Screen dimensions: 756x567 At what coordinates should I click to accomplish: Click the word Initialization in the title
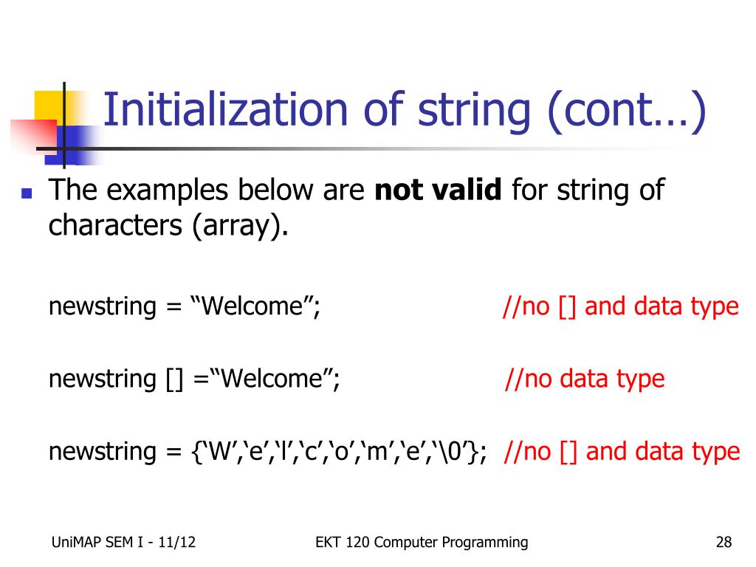pyautogui.click(x=226, y=109)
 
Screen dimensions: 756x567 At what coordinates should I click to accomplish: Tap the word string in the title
pyautogui.click(x=474, y=112)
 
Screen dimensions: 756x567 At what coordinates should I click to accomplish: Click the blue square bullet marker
pyautogui.click(x=27, y=193)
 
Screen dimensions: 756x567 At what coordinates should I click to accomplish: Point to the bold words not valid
pyautogui.click(x=439, y=189)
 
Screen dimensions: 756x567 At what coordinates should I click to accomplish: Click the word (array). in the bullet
pyautogui.click(x=240, y=226)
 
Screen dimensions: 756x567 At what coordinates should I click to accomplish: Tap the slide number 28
pyautogui.click(x=724, y=542)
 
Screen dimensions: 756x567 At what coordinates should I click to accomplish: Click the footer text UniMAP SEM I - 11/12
pyautogui.click(x=123, y=542)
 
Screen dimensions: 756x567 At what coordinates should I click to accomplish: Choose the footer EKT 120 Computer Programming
pyautogui.click(x=422, y=543)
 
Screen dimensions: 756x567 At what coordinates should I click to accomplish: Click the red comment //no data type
pyautogui.click(x=585, y=379)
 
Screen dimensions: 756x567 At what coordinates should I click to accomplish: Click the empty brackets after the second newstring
pyautogui.click(x=174, y=379)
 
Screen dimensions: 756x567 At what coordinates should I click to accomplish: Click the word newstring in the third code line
pyautogui.click(x=102, y=453)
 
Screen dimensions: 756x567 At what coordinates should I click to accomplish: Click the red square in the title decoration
pyautogui.click(x=34, y=137)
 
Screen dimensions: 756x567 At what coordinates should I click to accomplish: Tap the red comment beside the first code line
pyautogui.click(x=620, y=307)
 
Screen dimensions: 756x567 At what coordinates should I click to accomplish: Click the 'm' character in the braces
pyautogui.click(x=380, y=452)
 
